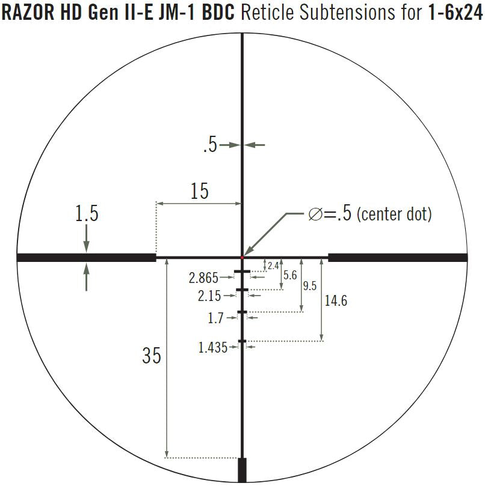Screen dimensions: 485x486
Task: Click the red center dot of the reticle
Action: (x=242, y=257)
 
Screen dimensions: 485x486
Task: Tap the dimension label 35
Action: (x=152, y=355)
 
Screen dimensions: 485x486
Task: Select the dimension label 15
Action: (x=199, y=191)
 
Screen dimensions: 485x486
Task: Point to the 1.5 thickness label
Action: (x=87, y=213)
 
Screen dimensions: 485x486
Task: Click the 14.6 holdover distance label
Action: (x=336, y=300)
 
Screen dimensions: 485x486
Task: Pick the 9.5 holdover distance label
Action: (x=310, y=286)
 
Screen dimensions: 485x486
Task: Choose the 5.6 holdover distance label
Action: (x=290, y=275)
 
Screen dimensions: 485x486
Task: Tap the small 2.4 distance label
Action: (x=273, y=266)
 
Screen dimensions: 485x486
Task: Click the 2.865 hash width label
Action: (x=203, y=278)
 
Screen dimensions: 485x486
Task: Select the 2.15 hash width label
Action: (x=209, y=296)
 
